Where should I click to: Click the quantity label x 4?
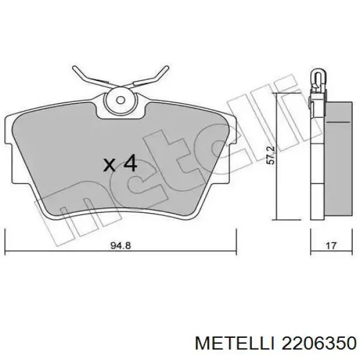120,163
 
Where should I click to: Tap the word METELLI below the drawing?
234,343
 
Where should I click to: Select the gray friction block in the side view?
337,159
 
